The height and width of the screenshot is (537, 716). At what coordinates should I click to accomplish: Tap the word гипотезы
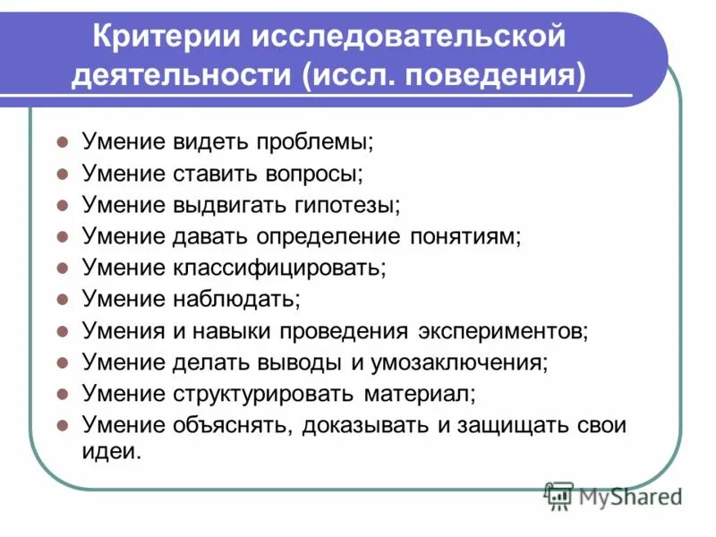(344, 204)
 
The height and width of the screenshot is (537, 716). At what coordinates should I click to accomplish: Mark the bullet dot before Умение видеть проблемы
(63, 141)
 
